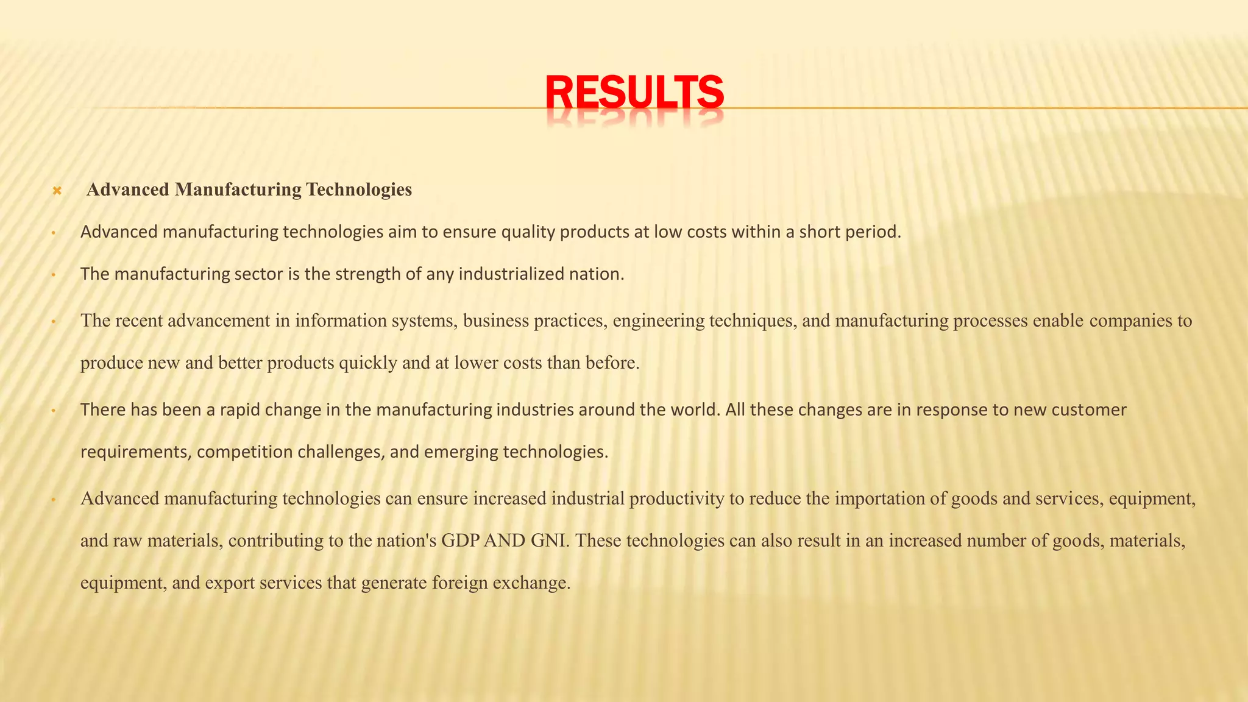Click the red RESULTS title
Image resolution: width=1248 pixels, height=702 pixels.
pos(634,93)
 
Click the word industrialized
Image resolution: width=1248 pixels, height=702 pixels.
pos(511,274)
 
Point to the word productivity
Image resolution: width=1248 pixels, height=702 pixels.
pos(676,498)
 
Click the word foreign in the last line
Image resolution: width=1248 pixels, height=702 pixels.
pos(459,583)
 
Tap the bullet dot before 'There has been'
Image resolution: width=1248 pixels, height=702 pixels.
pos(54,411)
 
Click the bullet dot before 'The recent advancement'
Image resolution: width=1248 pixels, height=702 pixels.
pos(54,322)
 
